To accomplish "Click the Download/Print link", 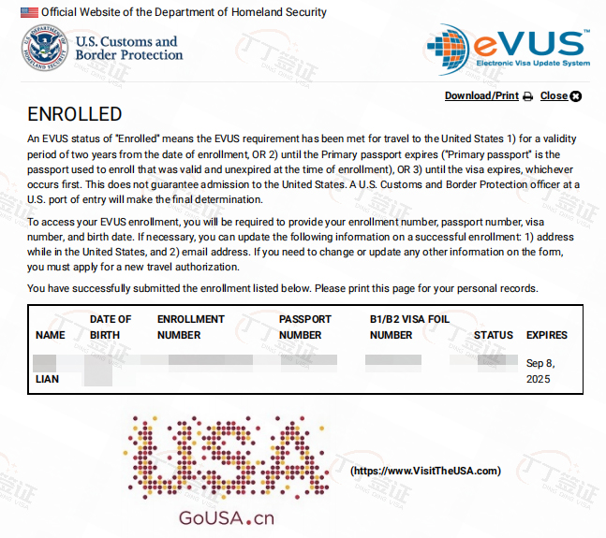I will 481,95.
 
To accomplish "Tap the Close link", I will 554,95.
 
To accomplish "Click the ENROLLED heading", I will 75,114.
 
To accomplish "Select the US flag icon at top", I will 29,12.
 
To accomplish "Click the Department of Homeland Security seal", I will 43,48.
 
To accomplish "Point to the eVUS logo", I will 508,49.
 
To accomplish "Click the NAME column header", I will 51,335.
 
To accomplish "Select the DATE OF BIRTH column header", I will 111,327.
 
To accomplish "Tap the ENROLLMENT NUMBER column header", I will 191,327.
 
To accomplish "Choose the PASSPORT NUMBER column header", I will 301,327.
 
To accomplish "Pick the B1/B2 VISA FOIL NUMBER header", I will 409,327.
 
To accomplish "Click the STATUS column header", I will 494,335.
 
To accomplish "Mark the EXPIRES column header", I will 547,335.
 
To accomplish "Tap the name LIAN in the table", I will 47,379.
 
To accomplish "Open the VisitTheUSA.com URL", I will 425,471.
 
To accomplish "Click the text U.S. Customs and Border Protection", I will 128,48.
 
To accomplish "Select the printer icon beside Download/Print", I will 527,96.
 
